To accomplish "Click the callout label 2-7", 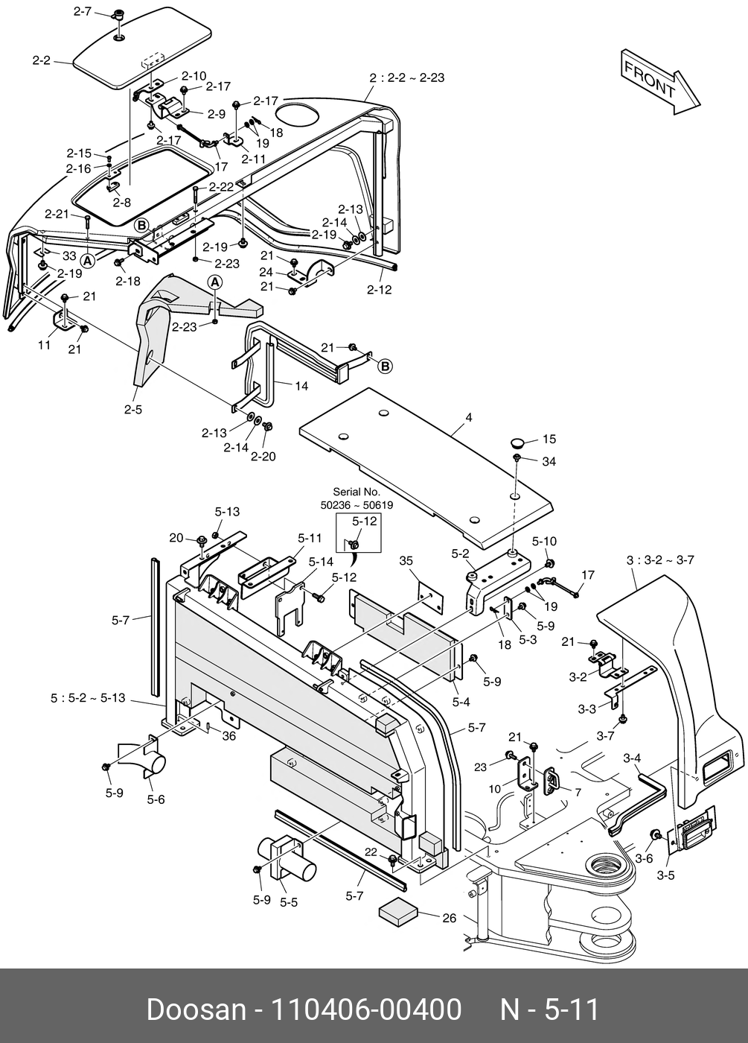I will coord(83,11).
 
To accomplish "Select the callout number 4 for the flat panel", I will coord(469,418).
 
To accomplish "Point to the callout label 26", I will coord(449,918).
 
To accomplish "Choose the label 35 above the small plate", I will coord(406,560).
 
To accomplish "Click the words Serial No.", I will coord(356,492).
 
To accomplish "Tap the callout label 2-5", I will coord(132,409).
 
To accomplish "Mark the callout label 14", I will coord(301,386).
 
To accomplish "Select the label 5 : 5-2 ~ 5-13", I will coord(88,699).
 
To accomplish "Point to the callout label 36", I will coord(228,735).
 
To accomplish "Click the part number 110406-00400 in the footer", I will coord(365,1010).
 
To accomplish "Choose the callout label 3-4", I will coord(632,758).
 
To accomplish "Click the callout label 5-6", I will coord(156,799).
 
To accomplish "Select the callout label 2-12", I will coord(380,290).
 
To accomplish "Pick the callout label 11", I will coord(45,345).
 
